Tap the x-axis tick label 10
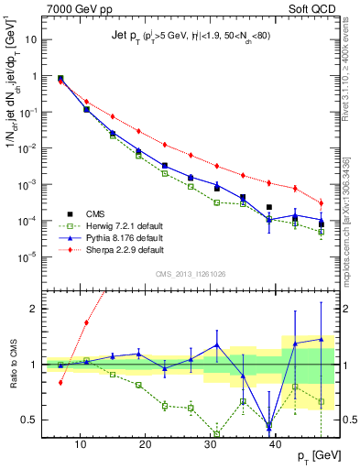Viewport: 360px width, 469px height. click(x=81, y=443)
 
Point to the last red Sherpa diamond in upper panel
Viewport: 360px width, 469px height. click(x=322, y=202)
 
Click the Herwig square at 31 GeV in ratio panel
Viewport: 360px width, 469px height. click(x=217, y=434)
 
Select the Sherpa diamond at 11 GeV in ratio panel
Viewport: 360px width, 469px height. click(x=86, y=322)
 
